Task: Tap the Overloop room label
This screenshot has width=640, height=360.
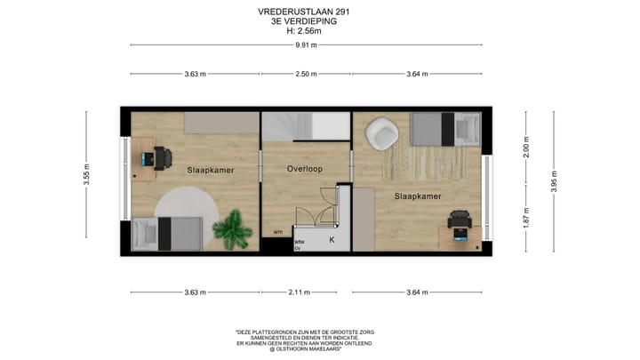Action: tap(305, 169)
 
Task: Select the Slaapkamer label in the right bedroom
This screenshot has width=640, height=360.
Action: tap(417, 196)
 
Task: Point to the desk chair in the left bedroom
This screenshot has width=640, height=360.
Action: tap(163, 158)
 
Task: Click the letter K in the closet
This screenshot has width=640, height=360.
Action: tap(332, 239)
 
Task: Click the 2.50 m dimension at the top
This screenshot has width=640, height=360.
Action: tap(306, 75)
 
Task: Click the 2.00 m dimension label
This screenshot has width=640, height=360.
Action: tap(526, 147)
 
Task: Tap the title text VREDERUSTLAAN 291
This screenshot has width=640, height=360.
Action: tap(303, 12)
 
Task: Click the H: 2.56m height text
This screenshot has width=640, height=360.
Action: tap(303, 31)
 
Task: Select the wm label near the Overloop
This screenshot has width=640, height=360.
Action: tap(278, 233)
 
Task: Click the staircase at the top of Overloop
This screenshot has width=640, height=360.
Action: tap(305, 127)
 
